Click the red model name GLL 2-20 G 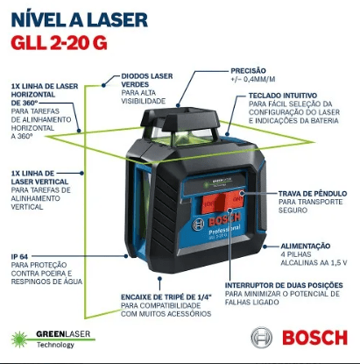(x=60, y=43)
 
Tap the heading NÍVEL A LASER (x=80, y=19)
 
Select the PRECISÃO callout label (x=248, y=70)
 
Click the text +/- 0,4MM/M (x=253, y=79)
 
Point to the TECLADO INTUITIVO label (x=283, y=96)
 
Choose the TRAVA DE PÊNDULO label (x=313, y=194)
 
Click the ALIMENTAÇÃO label (x=306, y=246)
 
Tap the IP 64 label (x=19, y=256)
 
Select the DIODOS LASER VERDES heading (x=147, y=80)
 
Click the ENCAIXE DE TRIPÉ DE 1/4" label (x=166, y=297)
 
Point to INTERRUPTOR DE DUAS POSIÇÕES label (x=284, y=285)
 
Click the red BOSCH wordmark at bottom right (x=314, y=338)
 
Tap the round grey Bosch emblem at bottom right (x=262, y=338)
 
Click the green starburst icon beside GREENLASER (x=19, y=339)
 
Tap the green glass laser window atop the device (x=181, y=136)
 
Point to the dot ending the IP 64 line (x=126, y=256)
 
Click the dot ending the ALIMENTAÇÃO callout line (x=265, y=246)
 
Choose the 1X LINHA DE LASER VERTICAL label (x=39, y=177)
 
